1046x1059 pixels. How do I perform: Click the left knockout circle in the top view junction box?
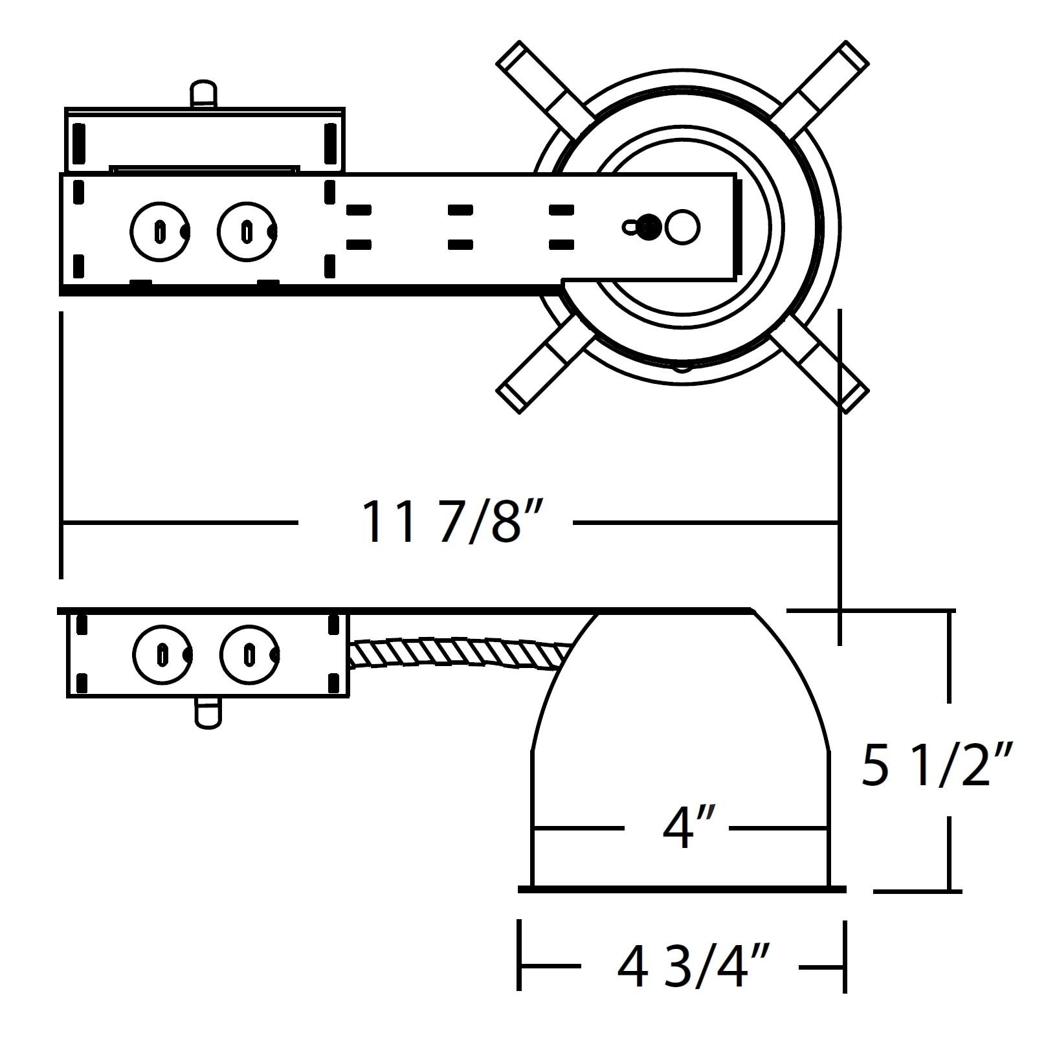click(160, 231)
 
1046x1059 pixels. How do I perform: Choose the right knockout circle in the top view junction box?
click(247, 231)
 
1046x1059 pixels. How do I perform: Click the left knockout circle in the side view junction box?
click(162, 654)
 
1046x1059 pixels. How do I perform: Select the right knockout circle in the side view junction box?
click(249, 654)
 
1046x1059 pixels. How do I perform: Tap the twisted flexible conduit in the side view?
click(460, 653)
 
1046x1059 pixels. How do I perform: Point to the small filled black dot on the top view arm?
click(650, 227)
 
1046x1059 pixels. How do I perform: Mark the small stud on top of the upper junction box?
click(204, 93)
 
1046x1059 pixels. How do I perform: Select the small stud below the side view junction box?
click(208, 713)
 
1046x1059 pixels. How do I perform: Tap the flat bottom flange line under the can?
click(682, 890)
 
